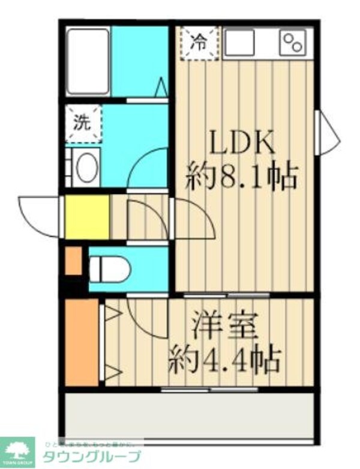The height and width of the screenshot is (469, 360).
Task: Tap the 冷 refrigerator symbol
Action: pos(198,42)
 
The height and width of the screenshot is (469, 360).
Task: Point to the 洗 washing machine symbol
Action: pos(83,124)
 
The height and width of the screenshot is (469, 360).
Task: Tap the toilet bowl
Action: pos(111,270)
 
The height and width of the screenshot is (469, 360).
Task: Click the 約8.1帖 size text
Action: pos(242,177)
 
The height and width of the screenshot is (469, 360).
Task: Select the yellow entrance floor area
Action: pos(86,217)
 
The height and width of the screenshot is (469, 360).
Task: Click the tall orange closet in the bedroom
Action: pos(82,342)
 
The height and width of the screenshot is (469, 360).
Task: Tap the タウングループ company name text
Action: pos(93,455)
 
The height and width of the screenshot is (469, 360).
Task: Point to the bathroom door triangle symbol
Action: pos(161,88)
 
